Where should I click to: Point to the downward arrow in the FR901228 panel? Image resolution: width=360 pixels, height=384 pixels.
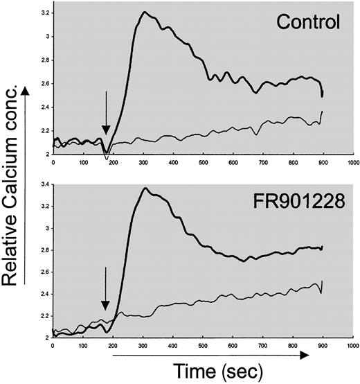click(x=105, y=289)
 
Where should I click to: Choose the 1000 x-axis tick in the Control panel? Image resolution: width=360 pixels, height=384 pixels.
click(x=352, y=164)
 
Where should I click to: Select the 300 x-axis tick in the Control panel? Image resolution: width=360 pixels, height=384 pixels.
click(x=143, y=164)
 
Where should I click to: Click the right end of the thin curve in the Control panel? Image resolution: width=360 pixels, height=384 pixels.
click(x=323, y=112)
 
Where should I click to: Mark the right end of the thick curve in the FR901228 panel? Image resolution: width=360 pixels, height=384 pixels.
click(x=323, y=247)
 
